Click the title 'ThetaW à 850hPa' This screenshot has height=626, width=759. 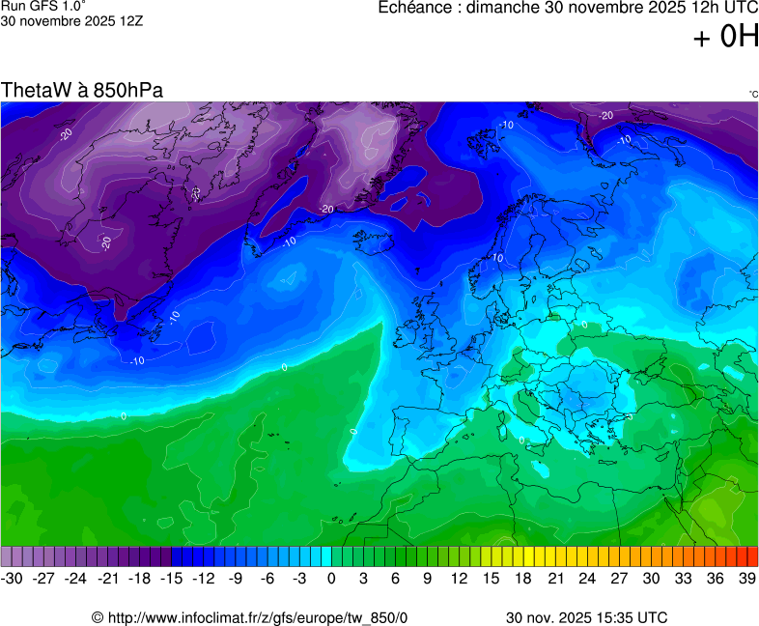[x=82, y=90]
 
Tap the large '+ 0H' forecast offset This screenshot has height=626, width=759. [x=726, y=38]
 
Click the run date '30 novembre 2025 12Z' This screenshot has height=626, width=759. [x=72, y=20]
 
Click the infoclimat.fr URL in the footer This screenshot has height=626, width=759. [x=250, y=617]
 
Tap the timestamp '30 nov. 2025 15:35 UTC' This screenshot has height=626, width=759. [x=586, y=617]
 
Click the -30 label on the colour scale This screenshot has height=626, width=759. [x=13, y=578]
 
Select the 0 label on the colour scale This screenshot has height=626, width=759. [x=331, y=578]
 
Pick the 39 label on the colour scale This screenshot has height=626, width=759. [x=746, y=578]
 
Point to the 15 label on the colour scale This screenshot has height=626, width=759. [x=492, y=578]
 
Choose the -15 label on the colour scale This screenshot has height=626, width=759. [x=172, y=578]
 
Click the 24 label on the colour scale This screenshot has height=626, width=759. [x=587, y=578]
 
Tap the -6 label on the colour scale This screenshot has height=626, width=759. [x=267, y=578]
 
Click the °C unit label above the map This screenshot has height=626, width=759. [x=752, y=94]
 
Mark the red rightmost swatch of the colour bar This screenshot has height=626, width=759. [x=752, y=556]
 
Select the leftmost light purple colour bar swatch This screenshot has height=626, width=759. [x=7, y=556]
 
